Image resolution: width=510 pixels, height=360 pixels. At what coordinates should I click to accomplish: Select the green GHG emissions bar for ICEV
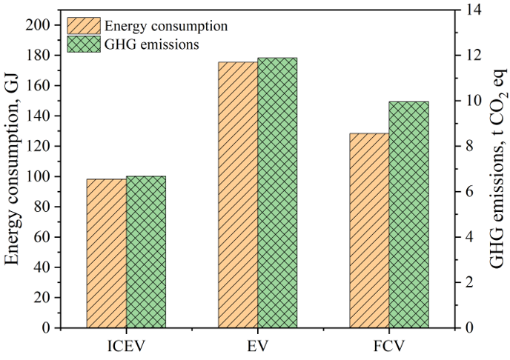146,252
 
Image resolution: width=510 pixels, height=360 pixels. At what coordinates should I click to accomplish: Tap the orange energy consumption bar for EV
238,195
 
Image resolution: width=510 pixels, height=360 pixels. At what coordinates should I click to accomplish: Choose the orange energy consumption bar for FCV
369,230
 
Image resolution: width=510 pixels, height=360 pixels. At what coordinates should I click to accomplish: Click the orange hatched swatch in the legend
84,26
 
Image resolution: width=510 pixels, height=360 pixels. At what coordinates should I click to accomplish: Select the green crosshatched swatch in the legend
84,44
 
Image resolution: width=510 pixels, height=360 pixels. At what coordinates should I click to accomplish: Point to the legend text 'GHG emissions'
151,44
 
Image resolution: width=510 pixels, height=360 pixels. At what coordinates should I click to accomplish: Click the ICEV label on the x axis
126,346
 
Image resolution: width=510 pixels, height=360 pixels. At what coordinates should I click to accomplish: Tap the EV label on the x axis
258,346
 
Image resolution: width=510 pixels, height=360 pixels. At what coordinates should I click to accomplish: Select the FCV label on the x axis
389,346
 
